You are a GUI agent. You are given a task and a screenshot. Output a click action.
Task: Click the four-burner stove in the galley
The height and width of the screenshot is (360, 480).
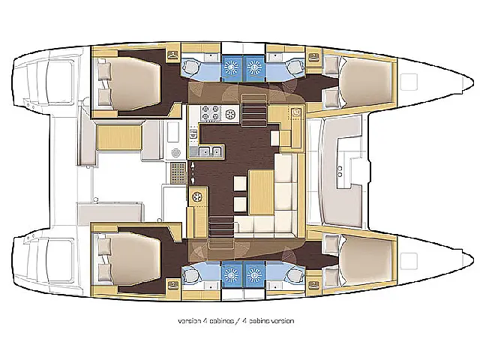pos(211,113)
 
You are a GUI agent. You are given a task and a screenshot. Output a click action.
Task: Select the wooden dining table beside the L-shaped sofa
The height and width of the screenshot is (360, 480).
pos(262,192)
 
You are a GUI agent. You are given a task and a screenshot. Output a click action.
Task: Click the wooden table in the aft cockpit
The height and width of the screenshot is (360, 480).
pos(119,137)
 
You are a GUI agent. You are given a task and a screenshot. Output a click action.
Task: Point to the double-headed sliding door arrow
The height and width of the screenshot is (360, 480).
pos(193,173)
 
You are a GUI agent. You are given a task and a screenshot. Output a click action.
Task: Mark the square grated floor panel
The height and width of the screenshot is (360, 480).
pos(178,173)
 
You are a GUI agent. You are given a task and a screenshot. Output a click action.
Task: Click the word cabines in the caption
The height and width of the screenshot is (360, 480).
pos(221,321)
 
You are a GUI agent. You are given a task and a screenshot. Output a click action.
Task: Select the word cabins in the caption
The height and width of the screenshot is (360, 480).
pos(259,321)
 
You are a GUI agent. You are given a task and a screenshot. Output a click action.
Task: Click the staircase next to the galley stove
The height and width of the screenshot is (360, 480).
pos(253,110)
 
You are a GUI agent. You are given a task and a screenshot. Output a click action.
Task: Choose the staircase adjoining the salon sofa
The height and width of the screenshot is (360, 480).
pos(221,226)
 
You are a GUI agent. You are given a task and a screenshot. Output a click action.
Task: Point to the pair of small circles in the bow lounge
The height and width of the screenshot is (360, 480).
pos(340,172)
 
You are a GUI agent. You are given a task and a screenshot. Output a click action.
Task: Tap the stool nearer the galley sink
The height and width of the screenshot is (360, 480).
pos(240,183)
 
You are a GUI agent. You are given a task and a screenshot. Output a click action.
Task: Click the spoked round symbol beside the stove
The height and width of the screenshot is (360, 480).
pos(230,114)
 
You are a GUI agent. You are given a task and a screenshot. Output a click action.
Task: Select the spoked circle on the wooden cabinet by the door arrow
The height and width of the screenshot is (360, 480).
pos(196,196)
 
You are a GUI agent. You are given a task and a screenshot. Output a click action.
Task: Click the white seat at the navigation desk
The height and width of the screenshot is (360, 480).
pos(275,138)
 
